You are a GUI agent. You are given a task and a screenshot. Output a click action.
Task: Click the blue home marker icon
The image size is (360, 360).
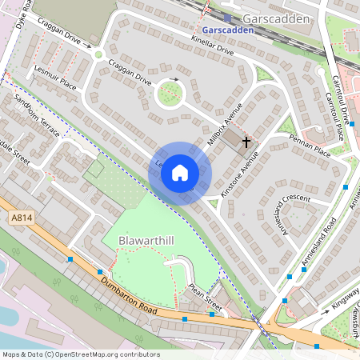click(x=180, y=173)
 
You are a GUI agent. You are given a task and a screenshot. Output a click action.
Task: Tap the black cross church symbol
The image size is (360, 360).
click(x=246, y=142)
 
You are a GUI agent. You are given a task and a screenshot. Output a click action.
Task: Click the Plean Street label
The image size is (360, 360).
click(x=205, y=295)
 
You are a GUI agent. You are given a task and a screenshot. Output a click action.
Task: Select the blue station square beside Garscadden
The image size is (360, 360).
click(x=228, y=18)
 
